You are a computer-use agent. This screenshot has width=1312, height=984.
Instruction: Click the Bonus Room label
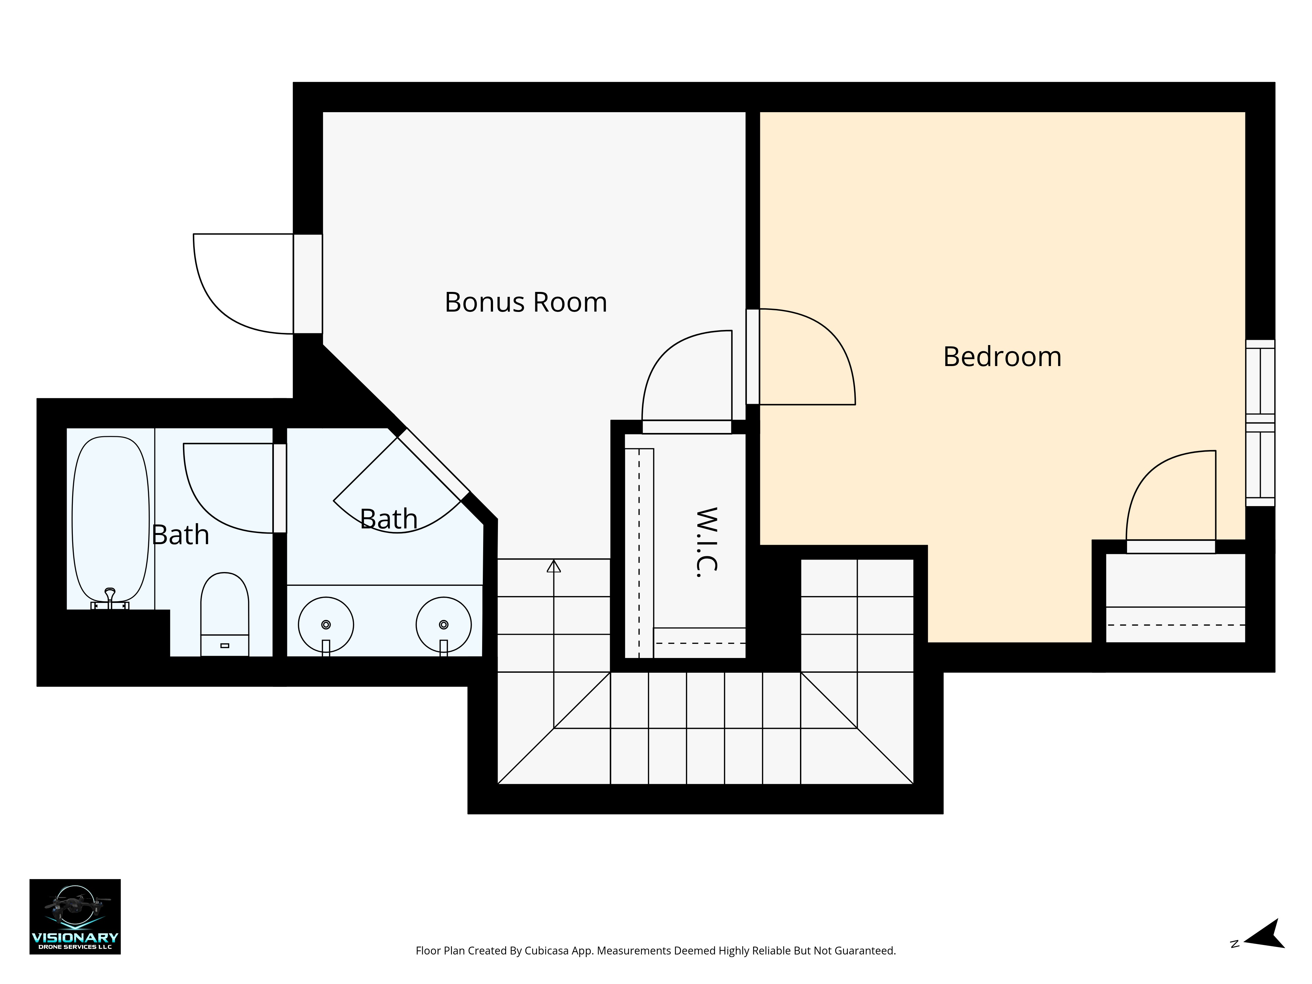[525, 302]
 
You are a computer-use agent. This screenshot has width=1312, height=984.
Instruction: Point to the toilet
[225, 614]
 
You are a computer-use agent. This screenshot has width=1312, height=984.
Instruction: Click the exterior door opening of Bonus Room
[308, 283]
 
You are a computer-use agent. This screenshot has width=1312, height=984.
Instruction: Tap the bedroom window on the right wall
[1260, 423]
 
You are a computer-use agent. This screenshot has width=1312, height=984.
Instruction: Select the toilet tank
[225, 645]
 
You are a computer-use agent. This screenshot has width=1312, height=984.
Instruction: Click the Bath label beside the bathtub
[180, 535]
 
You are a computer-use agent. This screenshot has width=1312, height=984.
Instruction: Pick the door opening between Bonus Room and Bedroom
[753, 357]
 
